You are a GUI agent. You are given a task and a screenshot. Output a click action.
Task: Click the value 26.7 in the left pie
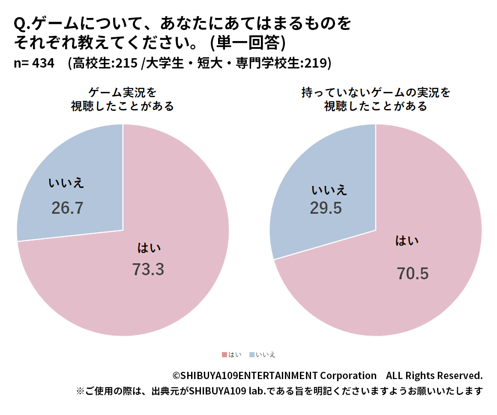(x=67, y=208)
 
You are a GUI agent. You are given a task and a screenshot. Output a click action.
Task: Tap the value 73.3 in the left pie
(x=148, y=270)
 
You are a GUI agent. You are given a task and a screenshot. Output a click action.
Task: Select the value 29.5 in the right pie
(x=326, y=208)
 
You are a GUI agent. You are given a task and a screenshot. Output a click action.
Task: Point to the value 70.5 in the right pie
(x=412, y=274)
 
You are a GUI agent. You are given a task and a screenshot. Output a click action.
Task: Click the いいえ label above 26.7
(x=66, y=183)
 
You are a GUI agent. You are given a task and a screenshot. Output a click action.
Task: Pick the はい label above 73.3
(x=149, y=248)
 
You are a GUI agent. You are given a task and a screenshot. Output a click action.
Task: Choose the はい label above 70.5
(x=407, y=241)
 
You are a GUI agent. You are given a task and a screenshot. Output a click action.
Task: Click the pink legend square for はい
(x=224, y=355)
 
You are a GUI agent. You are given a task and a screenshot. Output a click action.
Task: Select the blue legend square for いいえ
(x=251, y=355)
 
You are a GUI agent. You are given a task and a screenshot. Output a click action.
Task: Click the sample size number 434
(x=43, y=63)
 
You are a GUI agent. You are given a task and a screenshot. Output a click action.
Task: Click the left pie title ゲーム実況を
(x=123, y=92)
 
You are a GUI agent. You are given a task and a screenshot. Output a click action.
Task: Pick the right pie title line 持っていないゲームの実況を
(x=375, y=92)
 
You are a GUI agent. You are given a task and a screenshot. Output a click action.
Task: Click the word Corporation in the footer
(x=348, y=376)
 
